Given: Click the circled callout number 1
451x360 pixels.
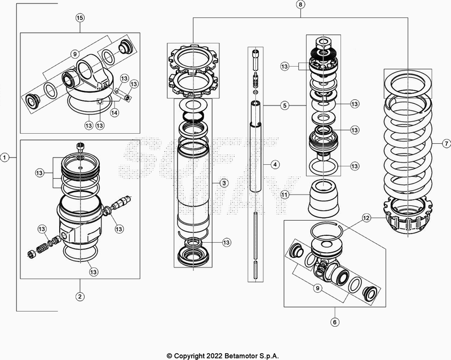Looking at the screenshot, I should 5,157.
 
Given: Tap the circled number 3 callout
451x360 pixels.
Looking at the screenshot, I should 224,183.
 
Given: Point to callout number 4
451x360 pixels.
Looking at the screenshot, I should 275,165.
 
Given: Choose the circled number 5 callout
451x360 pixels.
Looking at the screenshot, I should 285,105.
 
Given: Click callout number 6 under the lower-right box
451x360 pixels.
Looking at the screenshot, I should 334,323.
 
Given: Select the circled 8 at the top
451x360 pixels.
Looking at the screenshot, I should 300,5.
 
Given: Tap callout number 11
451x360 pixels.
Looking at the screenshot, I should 285,195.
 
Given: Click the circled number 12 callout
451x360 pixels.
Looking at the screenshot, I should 366,217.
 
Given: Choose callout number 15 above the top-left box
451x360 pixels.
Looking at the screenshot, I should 80,18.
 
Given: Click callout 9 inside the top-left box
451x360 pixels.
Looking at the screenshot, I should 73,54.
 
